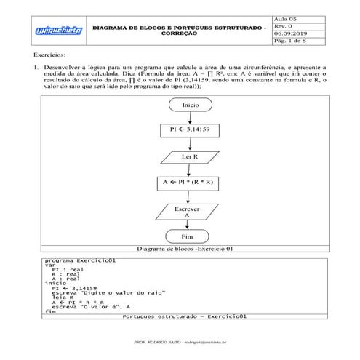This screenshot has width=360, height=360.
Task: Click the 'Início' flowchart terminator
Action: point(191,105)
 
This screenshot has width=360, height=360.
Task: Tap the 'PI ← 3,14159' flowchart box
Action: point(191,130)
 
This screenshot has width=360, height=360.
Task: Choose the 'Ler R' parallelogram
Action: point(191,156)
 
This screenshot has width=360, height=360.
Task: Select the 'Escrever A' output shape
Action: point(191,211)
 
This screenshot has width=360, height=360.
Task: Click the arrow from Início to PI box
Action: point(191,117)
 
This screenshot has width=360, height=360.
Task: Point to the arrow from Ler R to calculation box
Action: point(191,169)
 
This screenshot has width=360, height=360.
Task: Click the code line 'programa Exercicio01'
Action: point(76,260)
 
